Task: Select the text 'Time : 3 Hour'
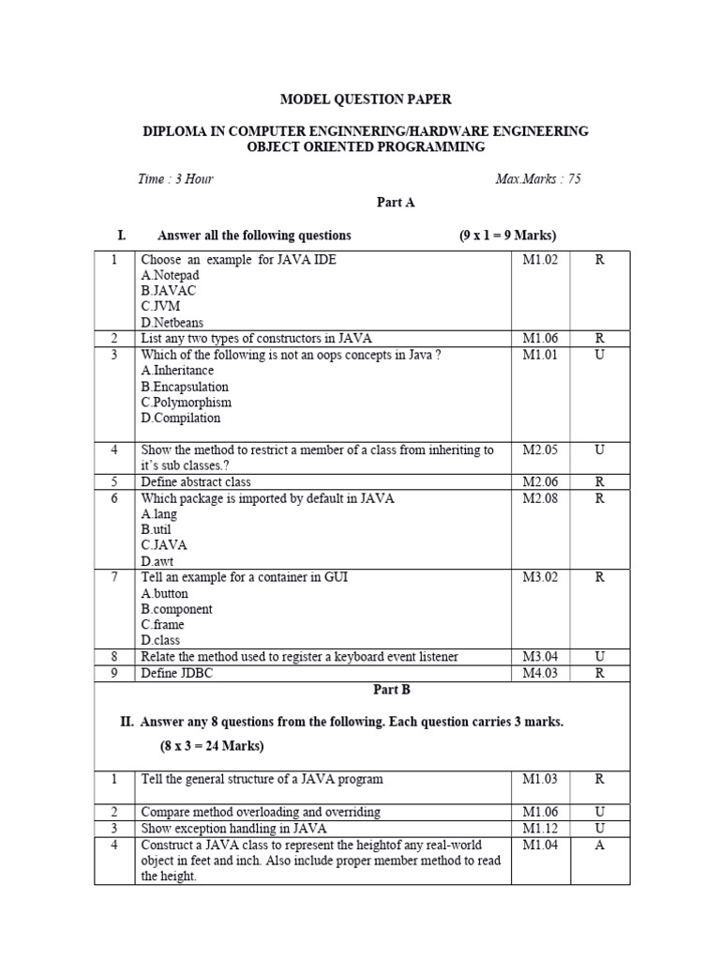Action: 175,179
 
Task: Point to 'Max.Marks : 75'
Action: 537,179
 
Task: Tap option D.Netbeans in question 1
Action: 172,322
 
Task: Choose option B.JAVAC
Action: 168,291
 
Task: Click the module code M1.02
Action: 540,260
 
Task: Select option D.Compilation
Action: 181,418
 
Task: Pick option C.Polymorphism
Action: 186,402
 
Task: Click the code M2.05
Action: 540,450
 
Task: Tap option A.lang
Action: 158,514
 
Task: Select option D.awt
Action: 157,561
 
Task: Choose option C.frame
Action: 162,624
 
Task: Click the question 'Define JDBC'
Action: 173,673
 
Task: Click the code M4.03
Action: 540,673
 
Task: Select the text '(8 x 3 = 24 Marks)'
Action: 211,746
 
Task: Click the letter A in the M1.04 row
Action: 599,846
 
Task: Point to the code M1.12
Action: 540,829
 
